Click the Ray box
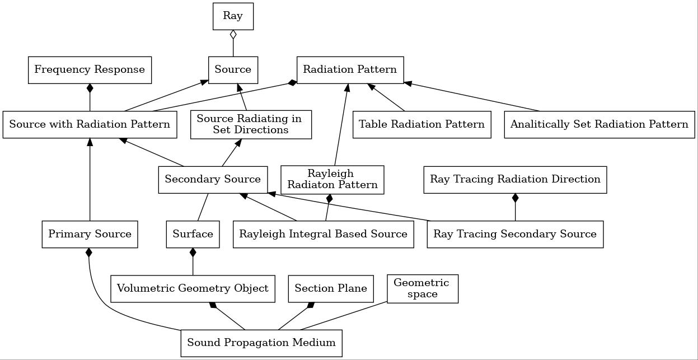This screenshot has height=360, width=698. pos(233,17)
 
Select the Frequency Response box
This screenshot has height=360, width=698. pos(90,70)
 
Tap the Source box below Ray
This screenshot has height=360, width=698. pos(233,70)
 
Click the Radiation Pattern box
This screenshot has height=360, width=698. pos(350,70)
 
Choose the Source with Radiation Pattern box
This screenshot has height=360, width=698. pos(90,124)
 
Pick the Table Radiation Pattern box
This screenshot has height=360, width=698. pos(422,124)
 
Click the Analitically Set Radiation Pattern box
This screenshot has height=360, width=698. pos(599,124)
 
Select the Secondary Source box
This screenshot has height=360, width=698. pos(213,180)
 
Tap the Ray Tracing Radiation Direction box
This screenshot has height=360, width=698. pos(515,180)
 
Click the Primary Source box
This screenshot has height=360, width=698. pos(90,235)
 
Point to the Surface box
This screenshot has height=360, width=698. pos(193,235)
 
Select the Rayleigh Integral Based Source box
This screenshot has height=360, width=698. pos(324,235)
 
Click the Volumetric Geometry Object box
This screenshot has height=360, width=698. pos(193,289)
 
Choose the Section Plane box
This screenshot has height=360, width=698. pos(331,289)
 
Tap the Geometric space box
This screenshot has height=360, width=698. pos(423,289)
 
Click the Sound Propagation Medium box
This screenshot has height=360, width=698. pos(261,343)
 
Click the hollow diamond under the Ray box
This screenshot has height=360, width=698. pos(233,35)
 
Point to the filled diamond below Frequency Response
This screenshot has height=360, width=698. pos(90,88)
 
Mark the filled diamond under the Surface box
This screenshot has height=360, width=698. pos(193,253)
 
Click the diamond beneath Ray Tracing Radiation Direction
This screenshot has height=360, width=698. pos(515,198)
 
